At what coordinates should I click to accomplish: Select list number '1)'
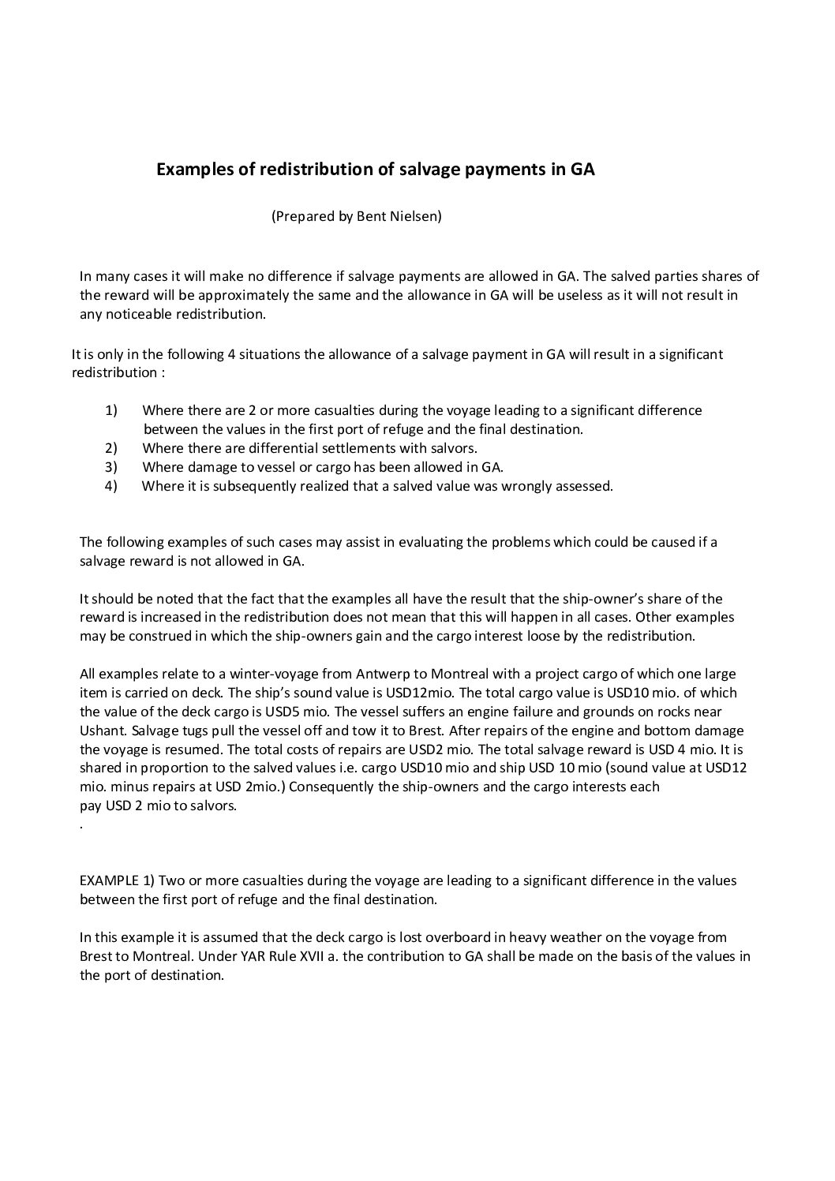(111, 410)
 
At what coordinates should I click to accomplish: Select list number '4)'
(111, 486)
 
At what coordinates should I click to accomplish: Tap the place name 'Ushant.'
(103, 731)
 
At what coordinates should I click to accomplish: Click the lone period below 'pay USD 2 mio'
(82, 827)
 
